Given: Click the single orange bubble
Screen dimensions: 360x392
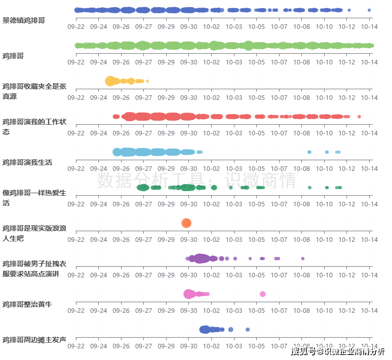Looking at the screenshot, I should click(186, 223).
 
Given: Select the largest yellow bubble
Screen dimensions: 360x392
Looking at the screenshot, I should click(110, 81).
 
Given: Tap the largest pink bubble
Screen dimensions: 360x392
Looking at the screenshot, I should click(189, 294).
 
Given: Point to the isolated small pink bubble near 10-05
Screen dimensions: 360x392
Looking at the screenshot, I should click(262, 294).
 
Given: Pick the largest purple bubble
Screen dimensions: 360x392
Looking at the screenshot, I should click(201, 259).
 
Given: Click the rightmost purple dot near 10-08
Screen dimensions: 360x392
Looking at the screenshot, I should click(302, 259).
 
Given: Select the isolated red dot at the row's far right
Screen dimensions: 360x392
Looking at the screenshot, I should click(359, 117).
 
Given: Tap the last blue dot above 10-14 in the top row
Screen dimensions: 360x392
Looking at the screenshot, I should click(369, 10).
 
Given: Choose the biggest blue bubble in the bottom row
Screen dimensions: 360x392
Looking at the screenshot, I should click(205, 330).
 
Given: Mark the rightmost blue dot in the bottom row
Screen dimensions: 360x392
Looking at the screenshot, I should click(248, 330).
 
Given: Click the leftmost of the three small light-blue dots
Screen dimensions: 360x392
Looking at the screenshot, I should click(309, 152).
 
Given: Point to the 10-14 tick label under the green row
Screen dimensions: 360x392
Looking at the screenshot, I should click(369, 62).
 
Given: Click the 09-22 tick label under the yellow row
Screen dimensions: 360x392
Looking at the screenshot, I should click(76, 98).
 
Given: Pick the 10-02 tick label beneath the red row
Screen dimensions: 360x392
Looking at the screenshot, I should click(211, 133).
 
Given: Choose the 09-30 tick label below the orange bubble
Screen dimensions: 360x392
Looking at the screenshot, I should click(188, 240).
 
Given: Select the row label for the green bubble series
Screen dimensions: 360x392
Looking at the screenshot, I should click(13, 56).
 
